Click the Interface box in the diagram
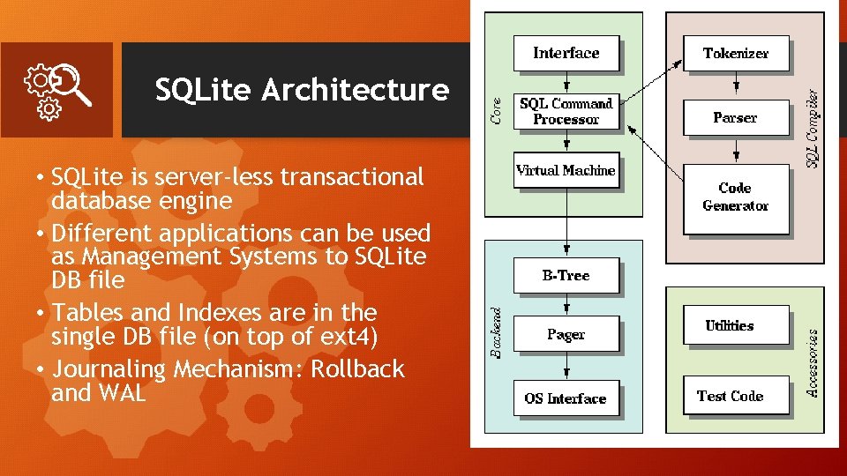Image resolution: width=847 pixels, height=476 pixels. coord(566,53)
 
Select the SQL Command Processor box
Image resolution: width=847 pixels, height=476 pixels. coord(566,112)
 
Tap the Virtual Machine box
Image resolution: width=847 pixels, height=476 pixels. coord(566,171)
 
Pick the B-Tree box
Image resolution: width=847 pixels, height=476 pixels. coord(566,276)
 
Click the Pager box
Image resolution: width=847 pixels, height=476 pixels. coord(566,335)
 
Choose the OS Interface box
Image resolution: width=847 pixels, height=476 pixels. coord(566,398)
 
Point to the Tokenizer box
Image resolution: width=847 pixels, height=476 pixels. coord(736,53)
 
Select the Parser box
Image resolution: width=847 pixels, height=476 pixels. coord(735,117)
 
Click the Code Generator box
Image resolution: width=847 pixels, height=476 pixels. coord(735,197)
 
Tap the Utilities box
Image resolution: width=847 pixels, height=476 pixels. coord(730,326)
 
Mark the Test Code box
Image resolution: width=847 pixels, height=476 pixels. coord(730,397)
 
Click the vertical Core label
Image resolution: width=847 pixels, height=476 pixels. coord(497,109)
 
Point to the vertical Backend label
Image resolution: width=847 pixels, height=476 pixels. coord(497,332)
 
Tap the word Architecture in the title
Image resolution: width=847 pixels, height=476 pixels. coord(356,90)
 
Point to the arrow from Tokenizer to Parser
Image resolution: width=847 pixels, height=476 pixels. coord(736,85)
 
